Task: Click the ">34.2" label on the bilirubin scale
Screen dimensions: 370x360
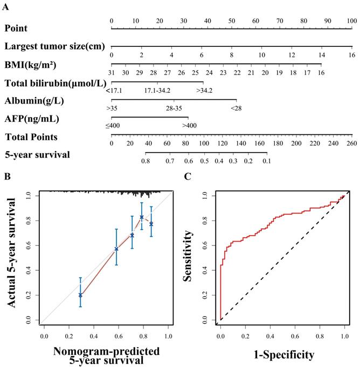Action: tap(204, 90)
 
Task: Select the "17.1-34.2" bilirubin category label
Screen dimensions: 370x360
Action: tap(157, 90)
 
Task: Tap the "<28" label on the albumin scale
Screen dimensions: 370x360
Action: tap(236, 108)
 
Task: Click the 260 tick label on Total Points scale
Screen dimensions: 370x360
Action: tap(351, 145)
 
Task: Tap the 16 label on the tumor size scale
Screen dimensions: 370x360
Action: tap(351, 55)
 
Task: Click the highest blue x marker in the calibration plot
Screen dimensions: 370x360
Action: tap(142, 217)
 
